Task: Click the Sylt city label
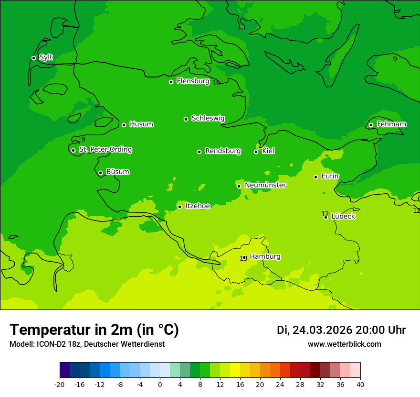(46, 57)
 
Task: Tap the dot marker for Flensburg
(171, 82)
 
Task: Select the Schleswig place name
(208, 118)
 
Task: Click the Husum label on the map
(141, 124)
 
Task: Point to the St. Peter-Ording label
(105, 150)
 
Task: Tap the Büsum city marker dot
(100, 173)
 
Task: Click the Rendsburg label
(222, 151)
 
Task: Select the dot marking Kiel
(256, 152)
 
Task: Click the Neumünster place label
(265, 185)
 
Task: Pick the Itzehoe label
(198, 206)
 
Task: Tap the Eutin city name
(330, 176)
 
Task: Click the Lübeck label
(343, 216)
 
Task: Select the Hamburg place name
(265, 257)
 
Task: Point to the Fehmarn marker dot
(371, 125)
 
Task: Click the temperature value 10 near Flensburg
(216, 83)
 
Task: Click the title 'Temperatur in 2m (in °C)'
(94, 330)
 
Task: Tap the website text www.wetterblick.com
(344, 344)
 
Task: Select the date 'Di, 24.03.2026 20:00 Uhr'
(341, 330)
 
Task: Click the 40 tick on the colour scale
(360, 385)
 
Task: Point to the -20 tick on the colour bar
(60, 385)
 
